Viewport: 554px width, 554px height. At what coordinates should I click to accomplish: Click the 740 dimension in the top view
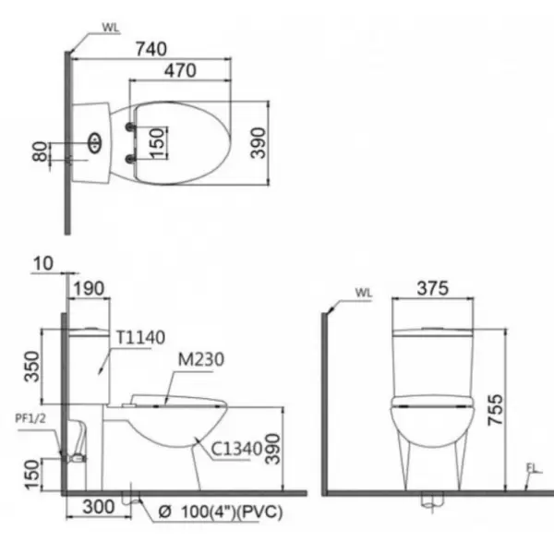(x=151, y=49)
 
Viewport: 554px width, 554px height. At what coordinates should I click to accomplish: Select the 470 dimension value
(x=180, y=71)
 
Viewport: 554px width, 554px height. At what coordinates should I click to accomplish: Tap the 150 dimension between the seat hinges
(x=157, y=143)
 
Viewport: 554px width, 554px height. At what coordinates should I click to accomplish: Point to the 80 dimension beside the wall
(x=40, y=151)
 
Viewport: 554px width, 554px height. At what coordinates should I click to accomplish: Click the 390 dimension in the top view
(x=258, y=143)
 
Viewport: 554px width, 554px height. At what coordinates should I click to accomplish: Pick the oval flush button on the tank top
(x=95, y=143)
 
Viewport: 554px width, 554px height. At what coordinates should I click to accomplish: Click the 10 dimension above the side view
(x=43, y=263)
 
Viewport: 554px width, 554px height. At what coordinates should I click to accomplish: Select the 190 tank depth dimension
(x=89, y=289)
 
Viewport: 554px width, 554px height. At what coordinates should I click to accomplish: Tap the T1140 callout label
(x=140, y=337)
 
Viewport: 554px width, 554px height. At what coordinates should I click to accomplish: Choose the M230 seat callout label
(x=201, y=360)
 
